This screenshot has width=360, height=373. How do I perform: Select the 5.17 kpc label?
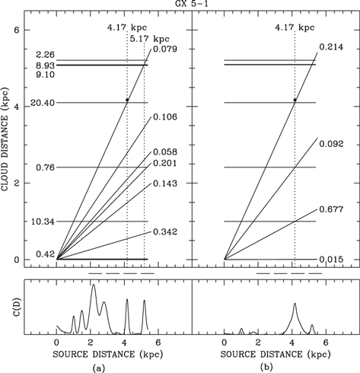149,39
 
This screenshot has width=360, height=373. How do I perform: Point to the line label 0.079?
164,50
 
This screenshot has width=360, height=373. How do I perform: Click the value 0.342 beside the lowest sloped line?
164,231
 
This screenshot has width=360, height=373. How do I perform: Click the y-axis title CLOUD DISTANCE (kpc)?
8,144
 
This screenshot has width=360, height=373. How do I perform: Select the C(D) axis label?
8,308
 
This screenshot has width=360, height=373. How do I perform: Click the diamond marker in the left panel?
127,100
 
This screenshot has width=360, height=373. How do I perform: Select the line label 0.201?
164,164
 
